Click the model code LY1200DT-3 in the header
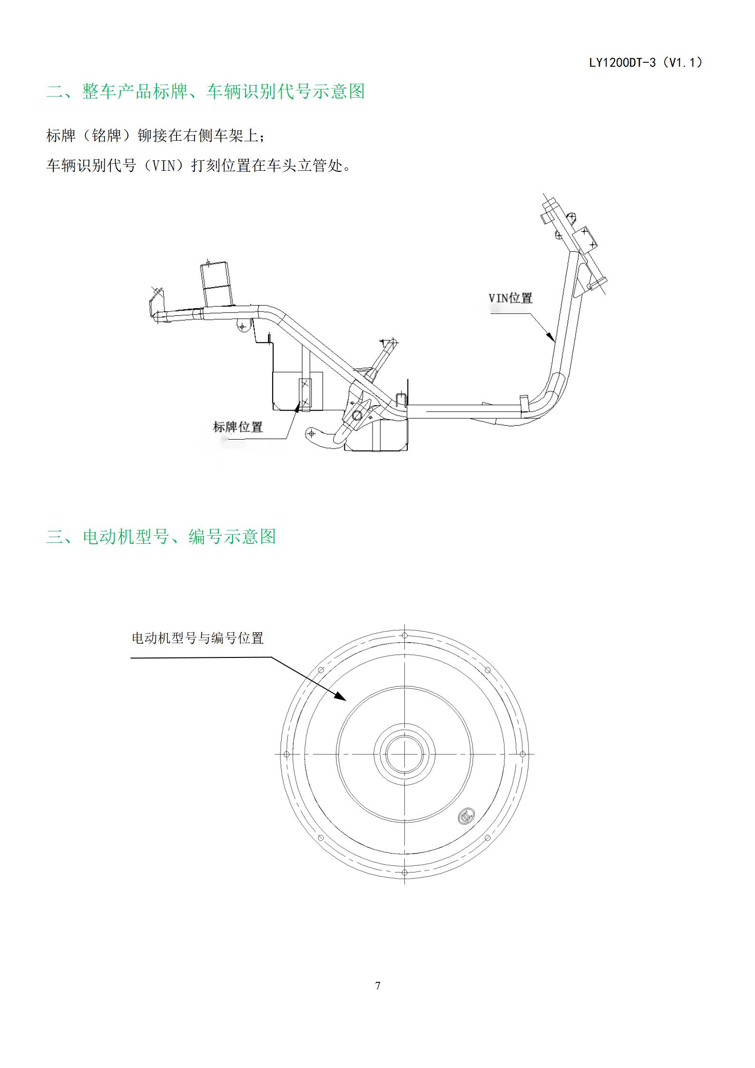pos(622,62)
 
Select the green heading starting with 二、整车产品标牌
pos(206,91)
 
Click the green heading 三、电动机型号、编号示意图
pos(161,536)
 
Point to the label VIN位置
pos(510,298)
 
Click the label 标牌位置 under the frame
pos(238,427)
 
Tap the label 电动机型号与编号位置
pos(197,638)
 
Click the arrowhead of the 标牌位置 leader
pos(298,405)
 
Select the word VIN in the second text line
pos(163,166)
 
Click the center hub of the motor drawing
pos(404,754)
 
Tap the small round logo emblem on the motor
pos(467,816)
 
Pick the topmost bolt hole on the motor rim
pos(404,636)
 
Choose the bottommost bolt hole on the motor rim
pos(404,872)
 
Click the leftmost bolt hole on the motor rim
pos(286,754)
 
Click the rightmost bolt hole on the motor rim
pos(522,754)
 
